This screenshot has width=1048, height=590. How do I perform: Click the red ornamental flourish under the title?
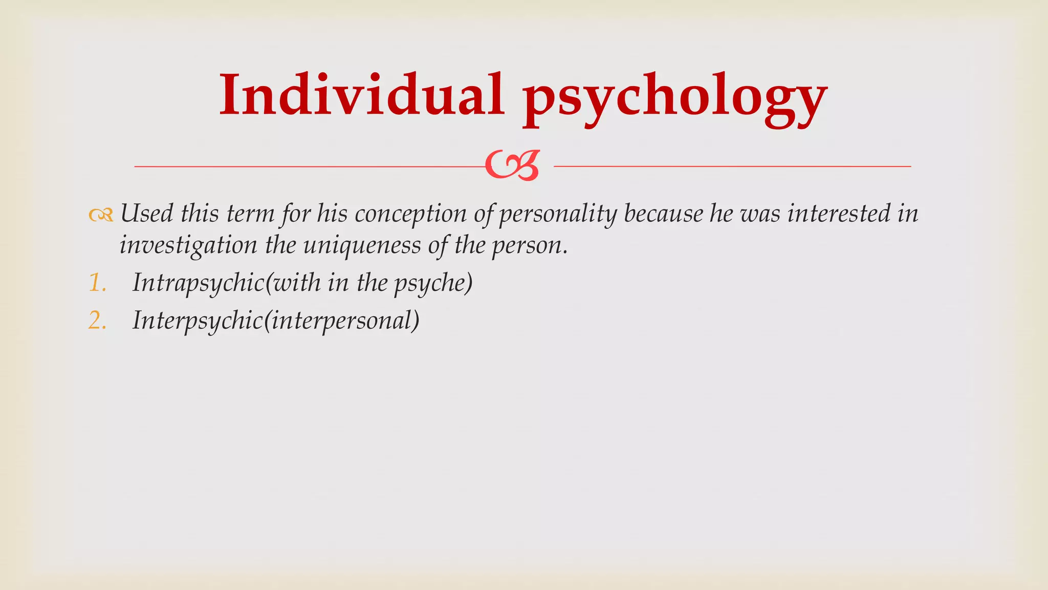pos(512,165)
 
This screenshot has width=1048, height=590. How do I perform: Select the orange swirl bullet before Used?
pos(100,216)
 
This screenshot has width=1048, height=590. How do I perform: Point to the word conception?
pos(410,214)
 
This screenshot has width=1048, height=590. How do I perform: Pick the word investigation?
pos(188,246)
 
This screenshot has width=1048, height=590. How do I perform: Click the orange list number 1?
pos(97,283)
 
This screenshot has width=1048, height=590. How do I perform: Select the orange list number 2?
pos(97,321)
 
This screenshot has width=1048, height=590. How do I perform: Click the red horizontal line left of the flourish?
pos(307,166)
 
